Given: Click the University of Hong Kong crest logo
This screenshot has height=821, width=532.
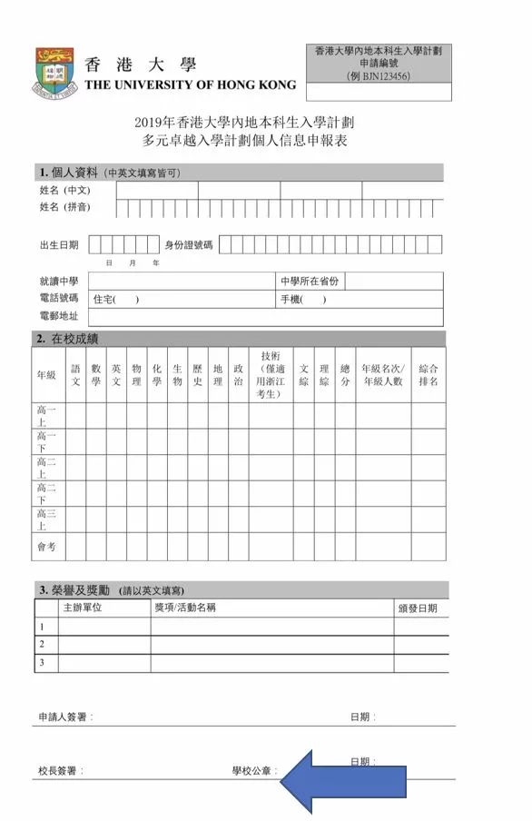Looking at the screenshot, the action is (x=54, y=72).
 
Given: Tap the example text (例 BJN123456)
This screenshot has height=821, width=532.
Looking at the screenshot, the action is (x=379, y=76).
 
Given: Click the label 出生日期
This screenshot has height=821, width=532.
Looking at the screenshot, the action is (x=59, y=245).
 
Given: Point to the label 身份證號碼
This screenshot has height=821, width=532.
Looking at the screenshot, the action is (x=188, y=245).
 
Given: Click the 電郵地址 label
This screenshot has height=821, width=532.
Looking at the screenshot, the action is (x=59, y=317).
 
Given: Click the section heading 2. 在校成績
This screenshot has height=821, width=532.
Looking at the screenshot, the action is (x=68, y=339).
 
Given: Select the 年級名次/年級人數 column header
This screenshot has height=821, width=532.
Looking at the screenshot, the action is (x=382, y=376).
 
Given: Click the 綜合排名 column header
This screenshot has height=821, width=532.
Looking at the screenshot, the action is (x=429, y=376).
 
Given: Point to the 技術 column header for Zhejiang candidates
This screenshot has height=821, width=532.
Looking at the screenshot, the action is (x=271, y=375).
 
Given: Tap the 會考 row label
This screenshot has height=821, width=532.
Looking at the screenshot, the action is (x=46, y=547).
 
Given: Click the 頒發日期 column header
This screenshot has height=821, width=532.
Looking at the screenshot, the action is (x=419, y=608).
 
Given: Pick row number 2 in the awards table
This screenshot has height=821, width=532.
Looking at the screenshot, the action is (x=41, y=644).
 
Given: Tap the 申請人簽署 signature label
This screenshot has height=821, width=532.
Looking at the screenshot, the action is (x=64, y=717).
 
